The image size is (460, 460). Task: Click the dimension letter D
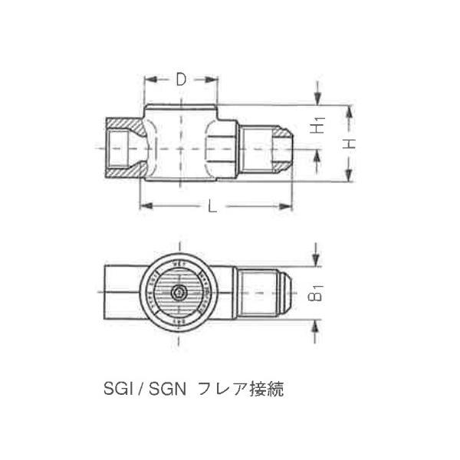point(181,79)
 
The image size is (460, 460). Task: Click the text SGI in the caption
point(117,389)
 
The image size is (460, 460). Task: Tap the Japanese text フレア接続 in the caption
point(241,389)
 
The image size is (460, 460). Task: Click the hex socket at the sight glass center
point(179,293)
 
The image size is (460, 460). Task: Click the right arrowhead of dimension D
point(216,80)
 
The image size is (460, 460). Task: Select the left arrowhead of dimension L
point(143,205)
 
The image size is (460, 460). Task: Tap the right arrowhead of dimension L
point(290,205)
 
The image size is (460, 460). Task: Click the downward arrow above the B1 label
point(315,261)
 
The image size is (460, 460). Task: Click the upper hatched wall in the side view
point(123,123)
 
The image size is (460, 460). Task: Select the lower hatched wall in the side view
point(123,169)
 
